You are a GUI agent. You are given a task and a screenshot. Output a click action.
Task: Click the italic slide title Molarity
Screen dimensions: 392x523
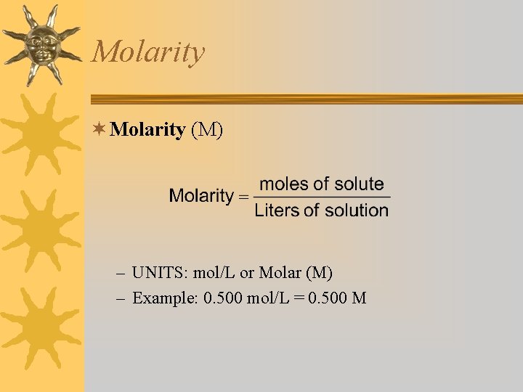click(x=149, y=52)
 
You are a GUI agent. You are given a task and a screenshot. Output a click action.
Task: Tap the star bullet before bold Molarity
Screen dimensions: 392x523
click(x=101, y=130)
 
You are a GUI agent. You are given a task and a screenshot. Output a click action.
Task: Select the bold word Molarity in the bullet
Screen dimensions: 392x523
click(x=149, y=130)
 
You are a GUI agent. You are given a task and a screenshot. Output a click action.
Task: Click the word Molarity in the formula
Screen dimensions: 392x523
click(x=200, y=196)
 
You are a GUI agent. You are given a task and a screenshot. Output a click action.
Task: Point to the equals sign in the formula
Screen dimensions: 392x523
click(x=243, y=197)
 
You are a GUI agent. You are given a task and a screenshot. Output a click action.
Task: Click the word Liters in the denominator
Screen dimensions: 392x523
click(x=277, y=211)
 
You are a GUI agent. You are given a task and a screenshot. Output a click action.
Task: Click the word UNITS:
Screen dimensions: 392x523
click(x=160, y=273)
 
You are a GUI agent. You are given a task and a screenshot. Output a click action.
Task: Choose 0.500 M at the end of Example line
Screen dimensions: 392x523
click(x=337, y=298)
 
